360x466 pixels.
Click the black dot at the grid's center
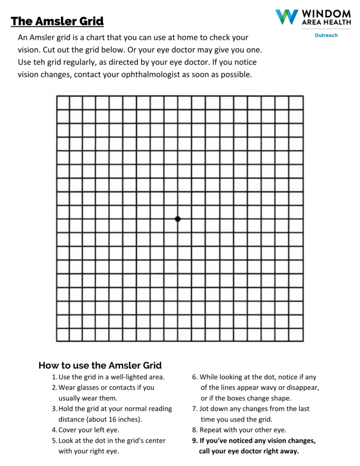[177, 219]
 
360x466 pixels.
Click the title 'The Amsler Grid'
[57, 21]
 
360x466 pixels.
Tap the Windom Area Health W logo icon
[286, 17]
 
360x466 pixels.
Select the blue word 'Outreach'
[326, 35]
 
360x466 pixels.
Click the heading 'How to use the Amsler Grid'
[100, 365]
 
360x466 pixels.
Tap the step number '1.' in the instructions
[55, 377]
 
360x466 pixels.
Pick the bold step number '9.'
[195, 441]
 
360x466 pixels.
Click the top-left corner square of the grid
[63, 103]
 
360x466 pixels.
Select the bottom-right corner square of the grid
[296, 335]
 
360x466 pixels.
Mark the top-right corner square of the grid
[296, 103]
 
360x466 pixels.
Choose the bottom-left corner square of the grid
[63, 335]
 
